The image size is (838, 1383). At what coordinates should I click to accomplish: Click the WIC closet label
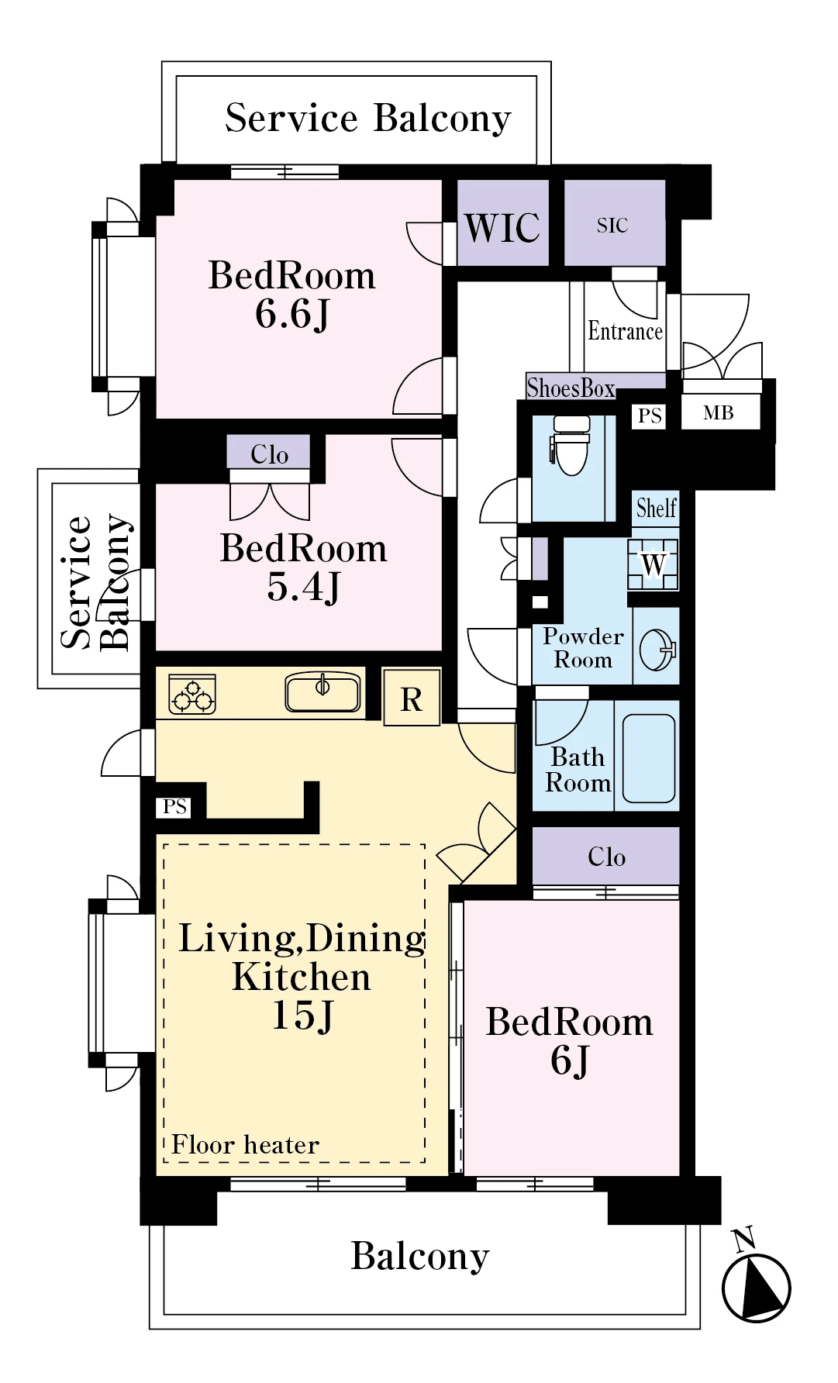[x=502, y=227]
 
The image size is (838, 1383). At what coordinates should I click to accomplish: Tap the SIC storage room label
[x=612, y=226]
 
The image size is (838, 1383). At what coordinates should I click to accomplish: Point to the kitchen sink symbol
[x=322, y=691]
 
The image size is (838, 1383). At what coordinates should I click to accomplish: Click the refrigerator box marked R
[x=412, y=697]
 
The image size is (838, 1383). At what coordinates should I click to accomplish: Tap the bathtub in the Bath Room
[x=649, y=758]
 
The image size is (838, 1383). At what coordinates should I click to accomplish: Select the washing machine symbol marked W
[x=654, y=564]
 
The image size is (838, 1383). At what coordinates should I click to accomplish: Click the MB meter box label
[x=719, y=413]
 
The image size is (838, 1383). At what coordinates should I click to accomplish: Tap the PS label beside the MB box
[x=650, y=416]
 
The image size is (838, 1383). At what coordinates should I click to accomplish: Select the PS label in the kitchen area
[x=175, y=807]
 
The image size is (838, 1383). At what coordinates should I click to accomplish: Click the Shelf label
[x=657, y=509]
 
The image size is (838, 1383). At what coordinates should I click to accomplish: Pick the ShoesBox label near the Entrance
[x=571, y=387]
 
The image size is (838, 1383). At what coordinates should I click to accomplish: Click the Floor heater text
[x=245, y=1144]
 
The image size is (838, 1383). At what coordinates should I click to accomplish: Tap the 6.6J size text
[x=292, y=314]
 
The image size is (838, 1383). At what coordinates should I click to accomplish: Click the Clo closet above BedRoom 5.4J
[x=269, y=454]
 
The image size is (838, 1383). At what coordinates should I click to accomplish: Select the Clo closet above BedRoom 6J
[x=605, y=856]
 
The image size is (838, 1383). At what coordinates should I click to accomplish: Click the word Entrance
[x=625, y=331]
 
